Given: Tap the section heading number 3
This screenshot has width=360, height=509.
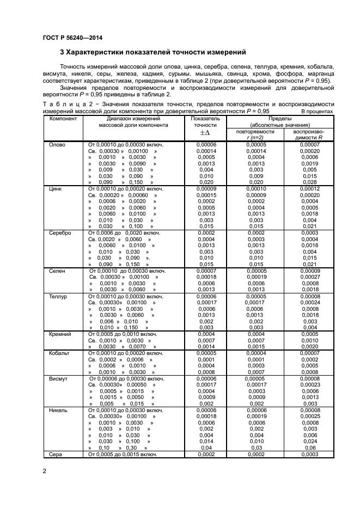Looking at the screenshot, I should [x=62, y=52].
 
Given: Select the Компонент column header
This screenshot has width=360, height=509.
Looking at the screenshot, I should [x=63, y=118].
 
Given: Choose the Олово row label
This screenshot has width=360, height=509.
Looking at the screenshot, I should [x=57, y=144].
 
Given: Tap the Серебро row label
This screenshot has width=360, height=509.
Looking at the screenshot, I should [x=60, y=232].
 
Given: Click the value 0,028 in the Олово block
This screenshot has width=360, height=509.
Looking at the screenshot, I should [x=309, y=182].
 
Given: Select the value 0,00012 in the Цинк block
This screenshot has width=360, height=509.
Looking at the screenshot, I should [x=309, y=188].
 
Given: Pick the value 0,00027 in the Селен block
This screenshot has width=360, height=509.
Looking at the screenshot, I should [x=309, y=277].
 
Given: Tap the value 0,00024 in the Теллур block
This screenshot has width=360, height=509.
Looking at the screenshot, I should [x=309, y=302].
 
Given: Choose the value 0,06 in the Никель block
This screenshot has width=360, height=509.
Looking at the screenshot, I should [x=309, y=447].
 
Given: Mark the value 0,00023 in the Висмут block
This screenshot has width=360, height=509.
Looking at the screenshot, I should [x=309, y=384].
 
